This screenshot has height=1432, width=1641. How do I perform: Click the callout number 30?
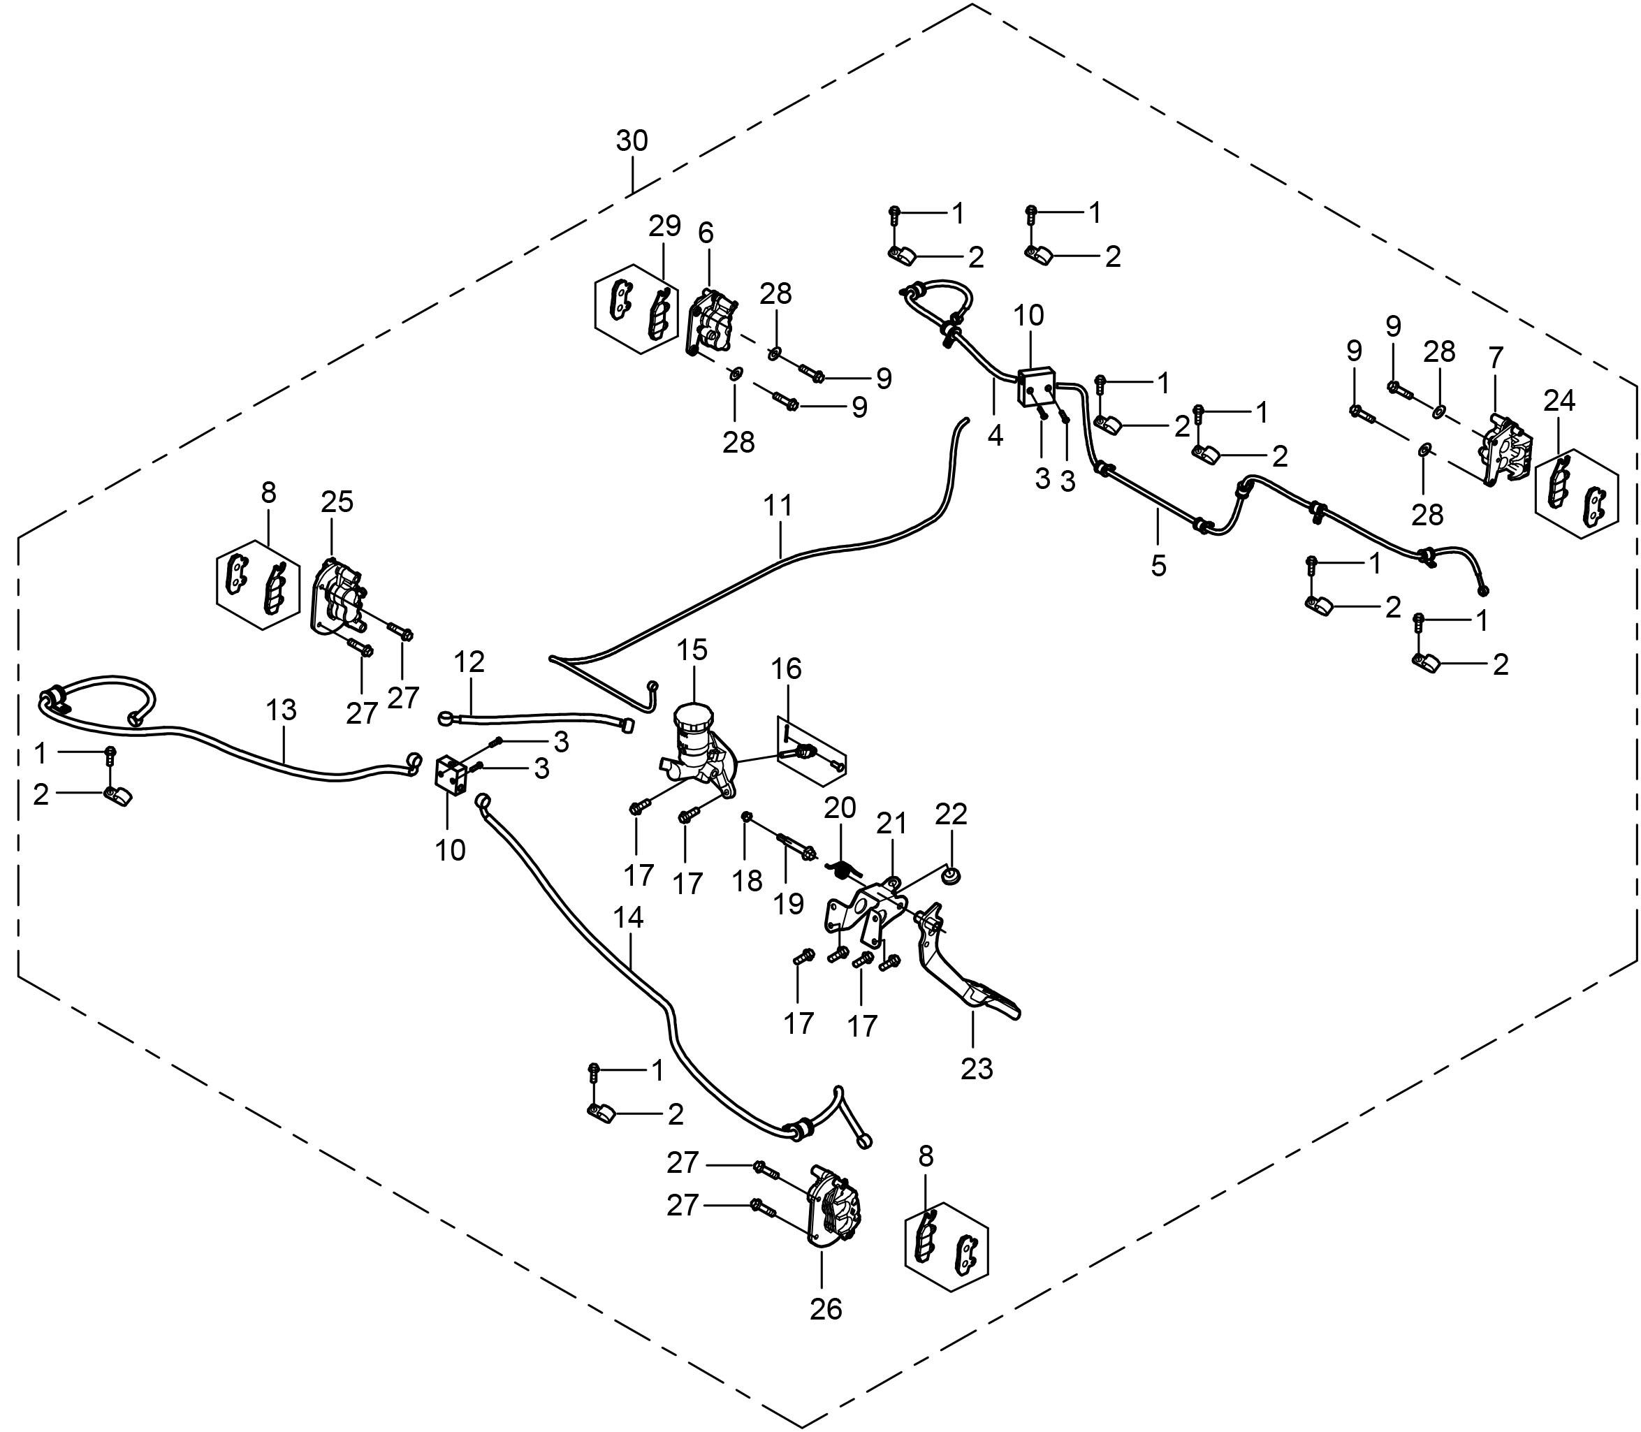(x=632, y=141)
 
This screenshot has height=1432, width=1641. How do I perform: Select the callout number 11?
(x=778, y=506)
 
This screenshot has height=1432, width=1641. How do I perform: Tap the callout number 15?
(x=692, y=650)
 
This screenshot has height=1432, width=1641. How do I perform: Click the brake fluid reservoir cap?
(x=692, y=714)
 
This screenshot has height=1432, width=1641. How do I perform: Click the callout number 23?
(x=976, y=1067)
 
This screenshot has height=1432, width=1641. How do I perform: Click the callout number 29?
(x=664, y=226)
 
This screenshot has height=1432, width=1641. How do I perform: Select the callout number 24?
(x=1559, y=400)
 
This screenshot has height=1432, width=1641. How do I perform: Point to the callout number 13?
(x=282, y=710)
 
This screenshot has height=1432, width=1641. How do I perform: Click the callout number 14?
(x=629, y=917)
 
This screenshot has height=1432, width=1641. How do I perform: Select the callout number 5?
(x=1158, y=566)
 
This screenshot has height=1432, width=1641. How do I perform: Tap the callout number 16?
(x=787, y=669)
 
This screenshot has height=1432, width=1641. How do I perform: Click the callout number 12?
(x=469, y=662)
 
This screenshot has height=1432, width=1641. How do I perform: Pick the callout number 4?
(x=994, y=435)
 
